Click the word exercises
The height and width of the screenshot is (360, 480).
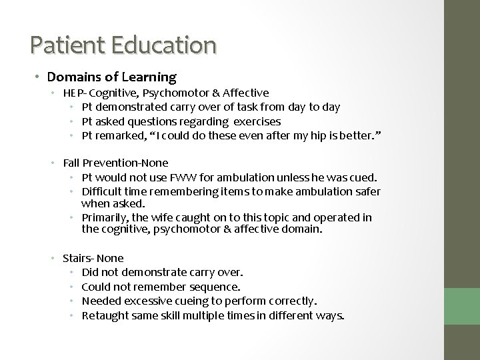tap(257, 121)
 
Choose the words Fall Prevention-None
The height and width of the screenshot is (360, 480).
tap(115, 163)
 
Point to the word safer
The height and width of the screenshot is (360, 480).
tap(367, 192)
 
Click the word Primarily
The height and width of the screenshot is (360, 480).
tap(104, 218)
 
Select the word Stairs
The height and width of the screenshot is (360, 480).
tap(77, 257)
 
